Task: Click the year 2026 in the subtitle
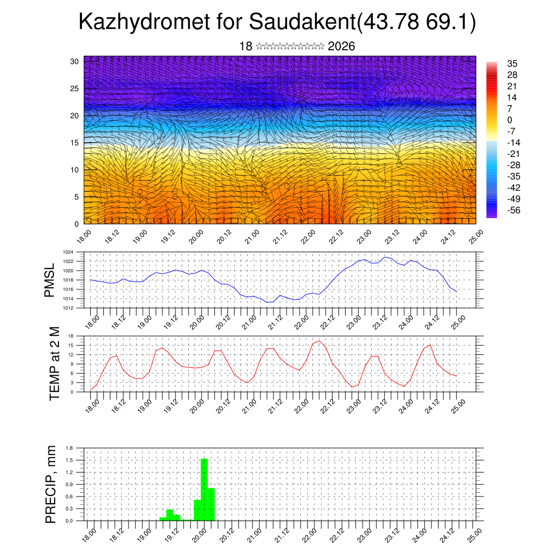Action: pyautogui.click(x=341, y=46)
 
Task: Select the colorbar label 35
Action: pyautogui.click(x=512, y=63)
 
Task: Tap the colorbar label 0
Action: pyautogui.click(x=510, y=120)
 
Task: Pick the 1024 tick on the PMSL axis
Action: pyautogui.click(x=68, y=252)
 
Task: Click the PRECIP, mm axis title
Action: pyautogui.click(x=51, y=485)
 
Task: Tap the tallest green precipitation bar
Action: pyautogui.click(x=204, y=489)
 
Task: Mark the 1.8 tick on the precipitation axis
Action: pyautogui.click(x=69, y=448)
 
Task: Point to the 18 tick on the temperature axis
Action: pyautogui.click(x=71, y=335)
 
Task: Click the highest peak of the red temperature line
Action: pyautogui.click(x=319, y=341)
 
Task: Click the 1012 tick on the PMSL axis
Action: pyautogui.click(x=68, y=308)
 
